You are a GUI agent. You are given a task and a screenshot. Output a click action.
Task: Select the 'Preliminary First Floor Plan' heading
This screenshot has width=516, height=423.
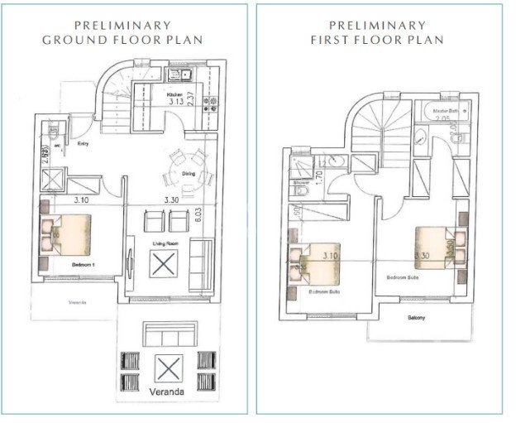[x=377, y=32]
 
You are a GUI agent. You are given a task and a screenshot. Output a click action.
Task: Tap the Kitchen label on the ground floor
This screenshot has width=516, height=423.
[x=174, y=96]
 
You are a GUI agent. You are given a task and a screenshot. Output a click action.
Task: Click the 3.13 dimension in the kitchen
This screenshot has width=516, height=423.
[x=175, y=104]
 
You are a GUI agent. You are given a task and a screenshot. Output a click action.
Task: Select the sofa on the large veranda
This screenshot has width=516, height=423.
[x=168, y=334]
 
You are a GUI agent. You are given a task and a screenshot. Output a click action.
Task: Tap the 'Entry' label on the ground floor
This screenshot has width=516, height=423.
[x=84, y=143]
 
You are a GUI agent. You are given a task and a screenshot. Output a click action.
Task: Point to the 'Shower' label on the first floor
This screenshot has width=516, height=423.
[x=301, y=183]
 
